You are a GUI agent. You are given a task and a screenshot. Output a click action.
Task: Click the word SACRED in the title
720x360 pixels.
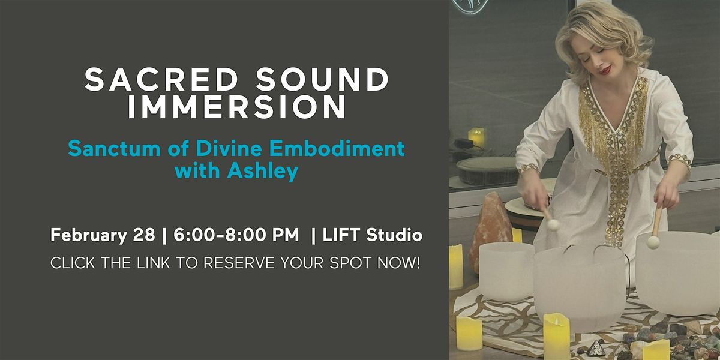(161, 79)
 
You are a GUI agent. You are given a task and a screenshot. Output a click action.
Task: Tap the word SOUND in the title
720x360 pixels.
(322, 79)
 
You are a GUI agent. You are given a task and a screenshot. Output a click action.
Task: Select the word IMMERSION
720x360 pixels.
(237, 107)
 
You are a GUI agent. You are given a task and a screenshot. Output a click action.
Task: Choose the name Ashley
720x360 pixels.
(263, 171)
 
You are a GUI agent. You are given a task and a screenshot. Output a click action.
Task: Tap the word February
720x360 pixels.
(89, 235)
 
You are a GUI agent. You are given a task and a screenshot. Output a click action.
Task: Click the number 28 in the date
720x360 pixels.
(143, 235)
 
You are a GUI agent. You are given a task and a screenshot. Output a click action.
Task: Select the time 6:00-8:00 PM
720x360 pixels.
(236, 235)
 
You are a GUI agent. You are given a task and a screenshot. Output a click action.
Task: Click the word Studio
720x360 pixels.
(394, 235)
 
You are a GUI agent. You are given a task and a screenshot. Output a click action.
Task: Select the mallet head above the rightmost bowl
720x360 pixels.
(653, 242)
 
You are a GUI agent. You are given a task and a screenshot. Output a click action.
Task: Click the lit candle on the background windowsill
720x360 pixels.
(476, 137)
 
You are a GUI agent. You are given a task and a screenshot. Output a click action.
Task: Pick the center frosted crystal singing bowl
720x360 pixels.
(579, 287)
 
